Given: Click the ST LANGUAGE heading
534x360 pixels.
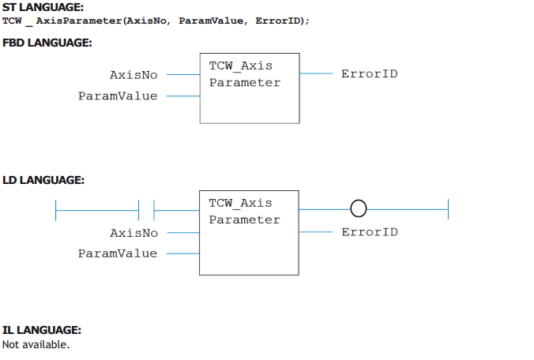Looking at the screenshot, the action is (43, 7).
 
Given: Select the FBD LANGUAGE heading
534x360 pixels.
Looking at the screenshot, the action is (47, 43).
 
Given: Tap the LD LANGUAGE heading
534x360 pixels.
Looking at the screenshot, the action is (43, 180).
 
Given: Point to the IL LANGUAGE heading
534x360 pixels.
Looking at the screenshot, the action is (42, 330).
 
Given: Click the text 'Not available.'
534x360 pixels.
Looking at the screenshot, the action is (36, 345).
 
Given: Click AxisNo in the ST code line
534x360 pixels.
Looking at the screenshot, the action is (146, 21).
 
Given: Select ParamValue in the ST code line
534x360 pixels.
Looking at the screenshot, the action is (211, 21).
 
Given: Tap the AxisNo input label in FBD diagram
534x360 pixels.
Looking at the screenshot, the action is (133, 75).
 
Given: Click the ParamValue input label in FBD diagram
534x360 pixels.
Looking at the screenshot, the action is (118, 96).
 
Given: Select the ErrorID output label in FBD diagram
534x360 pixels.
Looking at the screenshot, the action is (370, 74).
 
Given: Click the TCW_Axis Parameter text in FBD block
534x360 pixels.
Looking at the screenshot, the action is (245, 74).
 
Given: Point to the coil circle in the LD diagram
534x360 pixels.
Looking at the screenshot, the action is (359, 208).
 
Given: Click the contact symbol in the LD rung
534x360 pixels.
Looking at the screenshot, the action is (146, 210).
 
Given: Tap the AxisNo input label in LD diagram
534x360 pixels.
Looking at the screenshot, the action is (133, 233).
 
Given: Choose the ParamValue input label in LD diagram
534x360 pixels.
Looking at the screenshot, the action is (118, 253).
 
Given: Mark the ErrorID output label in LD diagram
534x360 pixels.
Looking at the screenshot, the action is (370, 232).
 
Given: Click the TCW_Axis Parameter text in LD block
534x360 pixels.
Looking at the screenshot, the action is (245, 212).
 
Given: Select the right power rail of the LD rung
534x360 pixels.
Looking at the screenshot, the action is (448, 209).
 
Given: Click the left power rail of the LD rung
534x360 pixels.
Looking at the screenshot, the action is (55, 210).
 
